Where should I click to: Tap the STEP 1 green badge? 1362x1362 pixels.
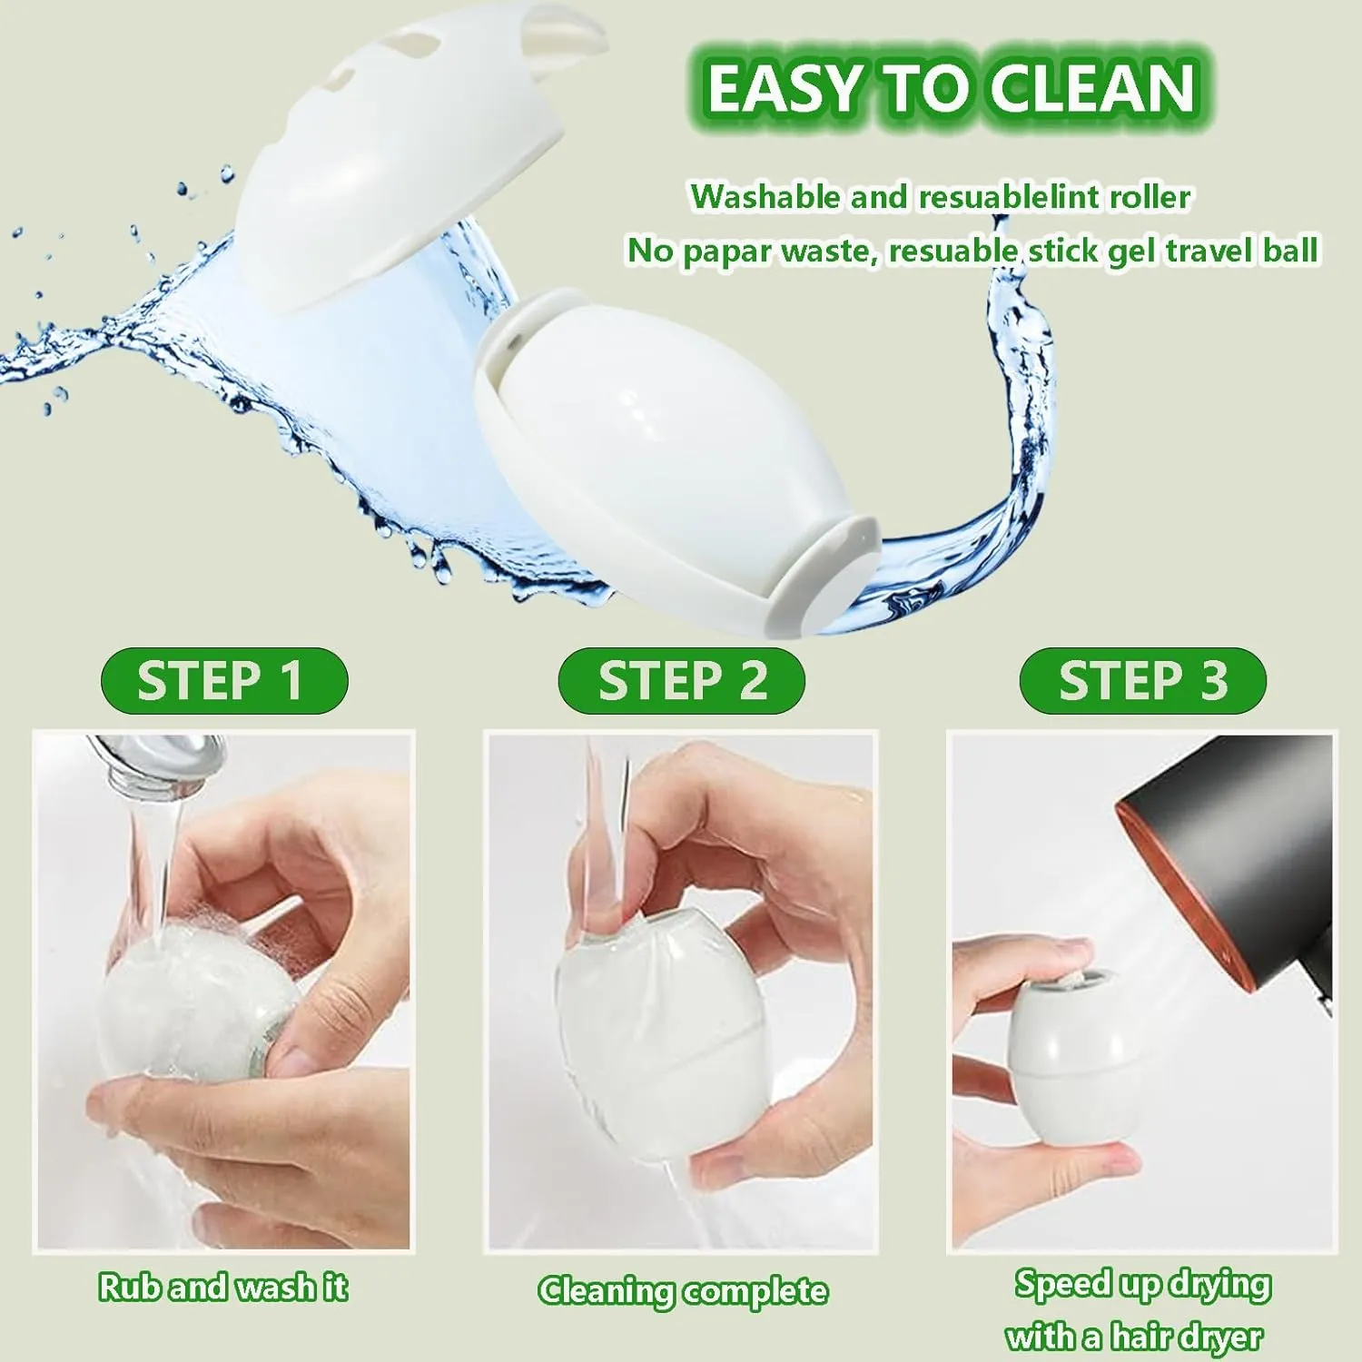[223, 680]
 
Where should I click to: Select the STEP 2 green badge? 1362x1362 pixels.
[682, 680]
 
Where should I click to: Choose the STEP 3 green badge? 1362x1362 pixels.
[1142, 680]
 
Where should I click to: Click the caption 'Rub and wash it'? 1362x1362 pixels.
[223, 1287]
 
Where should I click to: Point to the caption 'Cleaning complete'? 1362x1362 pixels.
[683, 1290]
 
